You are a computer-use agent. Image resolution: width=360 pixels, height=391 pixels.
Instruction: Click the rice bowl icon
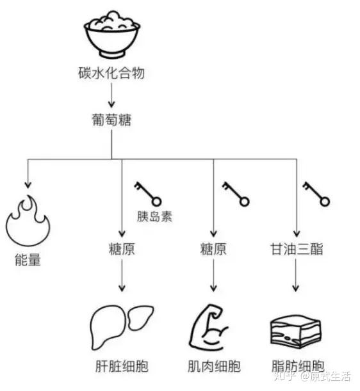(x=111, y=36)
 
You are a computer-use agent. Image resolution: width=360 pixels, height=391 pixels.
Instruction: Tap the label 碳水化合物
(x=111, y=72)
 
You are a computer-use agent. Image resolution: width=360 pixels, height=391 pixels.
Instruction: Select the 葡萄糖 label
(x=111, y=119)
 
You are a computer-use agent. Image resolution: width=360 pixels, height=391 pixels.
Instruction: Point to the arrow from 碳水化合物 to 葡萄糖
(x=111, y=95)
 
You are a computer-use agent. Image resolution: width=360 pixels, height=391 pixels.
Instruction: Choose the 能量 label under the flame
(x=26, y=260)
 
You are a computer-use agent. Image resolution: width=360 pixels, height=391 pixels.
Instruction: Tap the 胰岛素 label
(x=154, y=216)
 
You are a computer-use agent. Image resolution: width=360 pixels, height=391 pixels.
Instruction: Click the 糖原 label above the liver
(x=121, y=249)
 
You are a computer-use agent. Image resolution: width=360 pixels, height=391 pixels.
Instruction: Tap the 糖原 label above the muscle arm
(x=213, y=249)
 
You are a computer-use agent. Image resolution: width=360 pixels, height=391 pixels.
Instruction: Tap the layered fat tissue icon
(x=295, y=330)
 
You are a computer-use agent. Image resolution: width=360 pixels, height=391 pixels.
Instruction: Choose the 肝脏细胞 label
(x=121, y=367)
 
